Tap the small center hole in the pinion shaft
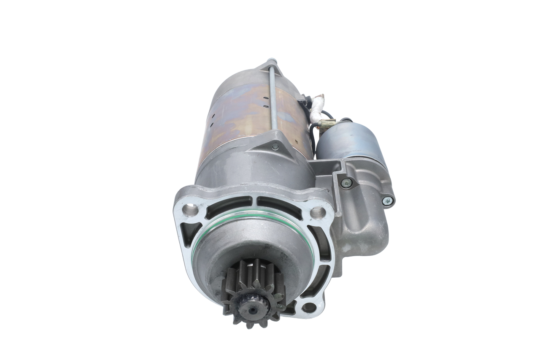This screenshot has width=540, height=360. tap(252, 311)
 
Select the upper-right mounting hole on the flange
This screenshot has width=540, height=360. tap(318, 213)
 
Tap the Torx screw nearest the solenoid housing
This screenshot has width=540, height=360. tap(346, 183)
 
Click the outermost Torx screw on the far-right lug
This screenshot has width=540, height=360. tap(388, 201)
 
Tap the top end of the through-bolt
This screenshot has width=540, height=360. tap(271, 61)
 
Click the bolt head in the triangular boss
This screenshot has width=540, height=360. tap(275, 147)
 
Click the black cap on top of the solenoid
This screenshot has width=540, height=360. tap(346, 120)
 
